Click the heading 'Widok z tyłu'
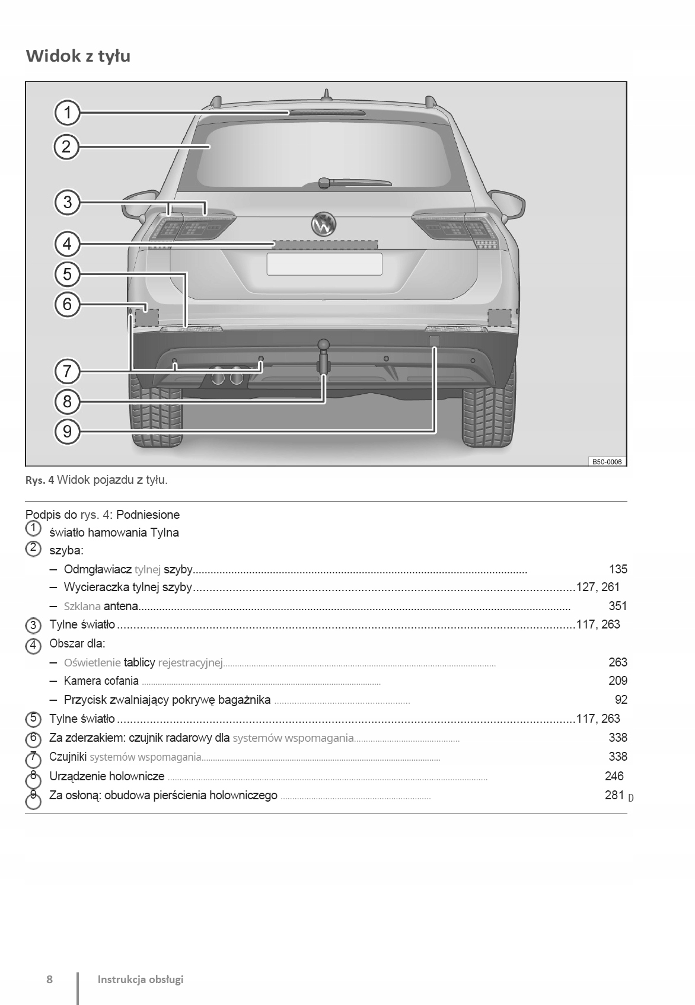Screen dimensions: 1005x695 click(x=78, y=56)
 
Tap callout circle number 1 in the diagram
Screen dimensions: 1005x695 click(x=68, y=112)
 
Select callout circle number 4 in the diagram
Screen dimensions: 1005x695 click(x=68, y=244)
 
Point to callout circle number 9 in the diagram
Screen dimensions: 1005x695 click(x=68, y=430)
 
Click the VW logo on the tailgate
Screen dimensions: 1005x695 click(x=324, y=224)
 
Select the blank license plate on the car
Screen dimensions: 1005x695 click(x=324, y=264)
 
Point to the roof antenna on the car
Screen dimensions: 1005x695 click(x=326, y=96)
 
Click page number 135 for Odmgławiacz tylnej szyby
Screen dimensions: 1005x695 click(x=618, y=569)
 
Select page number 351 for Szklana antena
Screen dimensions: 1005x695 click(x=617, y=606)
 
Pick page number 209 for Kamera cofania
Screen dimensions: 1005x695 click(x=617, y=681)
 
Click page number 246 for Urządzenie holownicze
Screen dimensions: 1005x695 click(x=614, y=776)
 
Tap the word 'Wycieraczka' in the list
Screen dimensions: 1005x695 click(x=97, y=587)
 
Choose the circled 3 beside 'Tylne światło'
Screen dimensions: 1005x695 click(x=34, y=626)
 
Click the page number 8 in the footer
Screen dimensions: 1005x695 click(x=50, y=979)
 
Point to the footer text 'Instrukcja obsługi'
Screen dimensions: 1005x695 click(x=141, y=979)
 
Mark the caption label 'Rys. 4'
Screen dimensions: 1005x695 click(x=40, y=480)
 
